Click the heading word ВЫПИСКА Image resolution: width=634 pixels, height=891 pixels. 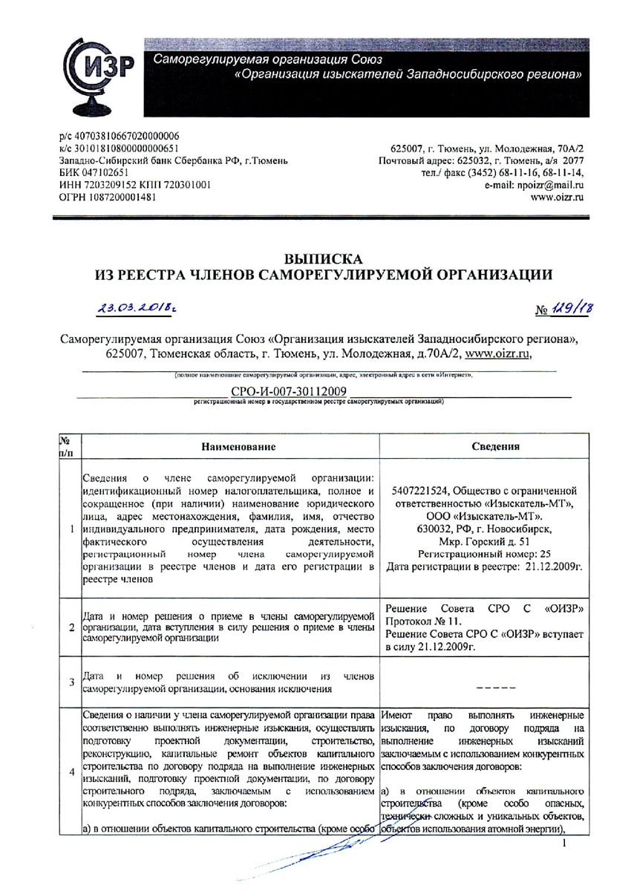pos(324,259)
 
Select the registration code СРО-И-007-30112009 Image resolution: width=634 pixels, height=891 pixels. pos(284,391)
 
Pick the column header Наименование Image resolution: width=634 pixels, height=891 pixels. pos(238,446)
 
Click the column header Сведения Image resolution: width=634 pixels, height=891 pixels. pos(495,446)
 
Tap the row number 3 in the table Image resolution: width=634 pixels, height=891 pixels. pos(71,682)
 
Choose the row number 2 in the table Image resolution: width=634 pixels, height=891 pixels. pos(71,628)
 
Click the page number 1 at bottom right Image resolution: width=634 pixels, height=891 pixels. pos(565,843)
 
